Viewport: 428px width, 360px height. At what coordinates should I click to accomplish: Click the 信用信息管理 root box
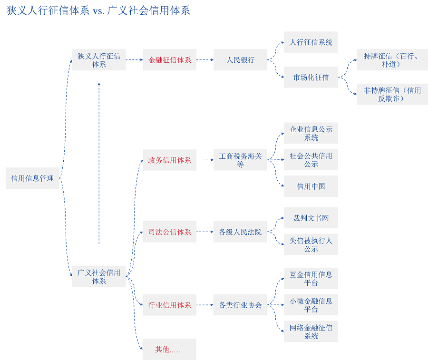point(32,178)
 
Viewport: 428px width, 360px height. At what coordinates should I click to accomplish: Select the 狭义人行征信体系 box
point(99,60)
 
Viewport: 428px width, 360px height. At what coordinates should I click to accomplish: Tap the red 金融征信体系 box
point(169,60)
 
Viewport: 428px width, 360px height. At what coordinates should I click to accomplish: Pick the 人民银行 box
point(240,60)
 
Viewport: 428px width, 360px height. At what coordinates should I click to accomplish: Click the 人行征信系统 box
point(311,42)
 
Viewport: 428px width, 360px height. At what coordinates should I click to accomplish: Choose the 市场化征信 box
point(311,77)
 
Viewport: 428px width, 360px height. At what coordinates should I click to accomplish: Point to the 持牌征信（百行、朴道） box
point(392,60)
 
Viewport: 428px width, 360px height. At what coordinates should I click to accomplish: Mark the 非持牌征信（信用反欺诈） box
point(392,94)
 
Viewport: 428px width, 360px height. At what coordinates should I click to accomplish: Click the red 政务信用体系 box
point(169,160)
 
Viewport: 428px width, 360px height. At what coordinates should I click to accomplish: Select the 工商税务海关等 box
point(240,160)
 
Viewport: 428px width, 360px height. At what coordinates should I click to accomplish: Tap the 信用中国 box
point(311,186)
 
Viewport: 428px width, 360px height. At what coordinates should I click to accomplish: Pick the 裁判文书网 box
point(311,218)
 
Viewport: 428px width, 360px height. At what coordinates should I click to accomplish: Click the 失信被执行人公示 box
point(311,244)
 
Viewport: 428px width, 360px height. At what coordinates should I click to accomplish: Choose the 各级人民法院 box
point(240,232)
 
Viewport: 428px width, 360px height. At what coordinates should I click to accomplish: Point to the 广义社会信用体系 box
point(99,276)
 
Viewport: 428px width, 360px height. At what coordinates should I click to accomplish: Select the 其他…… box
point(169,350)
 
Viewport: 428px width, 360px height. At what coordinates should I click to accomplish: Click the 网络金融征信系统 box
point(311,331)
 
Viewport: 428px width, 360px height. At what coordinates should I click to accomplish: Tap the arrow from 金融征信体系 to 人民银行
point(205,60)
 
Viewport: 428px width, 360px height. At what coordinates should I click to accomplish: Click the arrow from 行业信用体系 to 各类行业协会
point(205,305)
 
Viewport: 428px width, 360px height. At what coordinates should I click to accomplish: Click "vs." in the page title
point(99,10)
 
